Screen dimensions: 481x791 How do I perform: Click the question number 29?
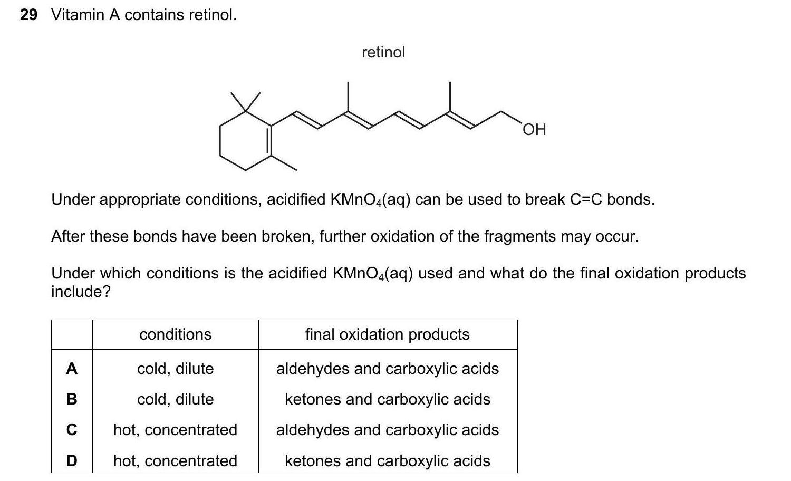[28, 15]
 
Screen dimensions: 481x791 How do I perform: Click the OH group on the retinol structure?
[534, 129]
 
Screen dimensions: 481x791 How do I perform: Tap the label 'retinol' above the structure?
[383, 52]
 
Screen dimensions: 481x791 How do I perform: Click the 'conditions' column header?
[176, 334]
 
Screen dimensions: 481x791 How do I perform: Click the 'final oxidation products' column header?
[387, 334]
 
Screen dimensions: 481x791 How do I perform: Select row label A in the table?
[72, 369]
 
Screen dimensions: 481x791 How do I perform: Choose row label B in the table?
[72, 399]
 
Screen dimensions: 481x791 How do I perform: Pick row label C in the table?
[72, 430]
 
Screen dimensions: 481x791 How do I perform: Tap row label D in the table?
[72, 461]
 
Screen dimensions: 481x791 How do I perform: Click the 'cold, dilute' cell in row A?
[176, 369]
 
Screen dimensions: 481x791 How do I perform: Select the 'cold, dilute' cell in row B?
[176, 399]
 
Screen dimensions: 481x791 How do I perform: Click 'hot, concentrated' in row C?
[176, 430]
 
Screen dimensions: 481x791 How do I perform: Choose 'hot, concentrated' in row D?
[176, 461]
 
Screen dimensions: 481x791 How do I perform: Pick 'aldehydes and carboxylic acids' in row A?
[387, 369]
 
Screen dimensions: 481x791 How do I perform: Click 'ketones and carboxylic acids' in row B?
[387, 399]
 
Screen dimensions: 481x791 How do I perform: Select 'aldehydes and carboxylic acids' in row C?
[387, 430]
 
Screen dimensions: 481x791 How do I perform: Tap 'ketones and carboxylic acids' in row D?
[387, 461]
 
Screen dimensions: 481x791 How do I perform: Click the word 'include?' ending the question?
[81, 292]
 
